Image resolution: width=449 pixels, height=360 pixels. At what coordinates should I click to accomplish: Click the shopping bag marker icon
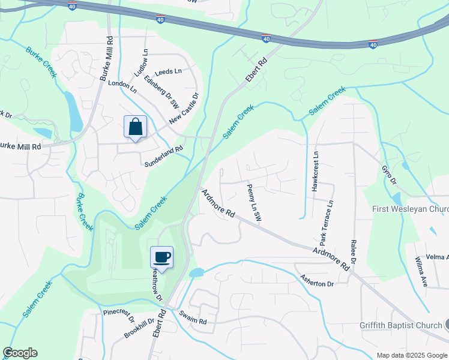pyautogui.click(x=136, y=127)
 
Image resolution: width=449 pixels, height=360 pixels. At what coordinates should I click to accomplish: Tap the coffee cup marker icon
pyautogui.click(x=162, y=257)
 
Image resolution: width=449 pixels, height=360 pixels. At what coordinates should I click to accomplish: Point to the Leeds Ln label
pyautogui.click(x=169, y=71)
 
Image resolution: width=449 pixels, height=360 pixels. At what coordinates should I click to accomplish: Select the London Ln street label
pyautogui.click(x=122, y=85)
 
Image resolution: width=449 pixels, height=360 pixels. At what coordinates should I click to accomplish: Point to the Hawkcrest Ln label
pyautogui.click(x=315, y=172)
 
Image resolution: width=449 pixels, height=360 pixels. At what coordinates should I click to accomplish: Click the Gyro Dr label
pyautogui.click(x=388, y=172)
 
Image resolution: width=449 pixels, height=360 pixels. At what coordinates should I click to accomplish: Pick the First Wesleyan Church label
pyautogui.click(x=410, y=209)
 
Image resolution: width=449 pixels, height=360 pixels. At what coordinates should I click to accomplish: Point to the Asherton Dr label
pyautogui.click(x=317, y=280)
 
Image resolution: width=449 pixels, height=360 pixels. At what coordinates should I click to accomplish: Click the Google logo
pyautogui.click(x=20, y=353)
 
